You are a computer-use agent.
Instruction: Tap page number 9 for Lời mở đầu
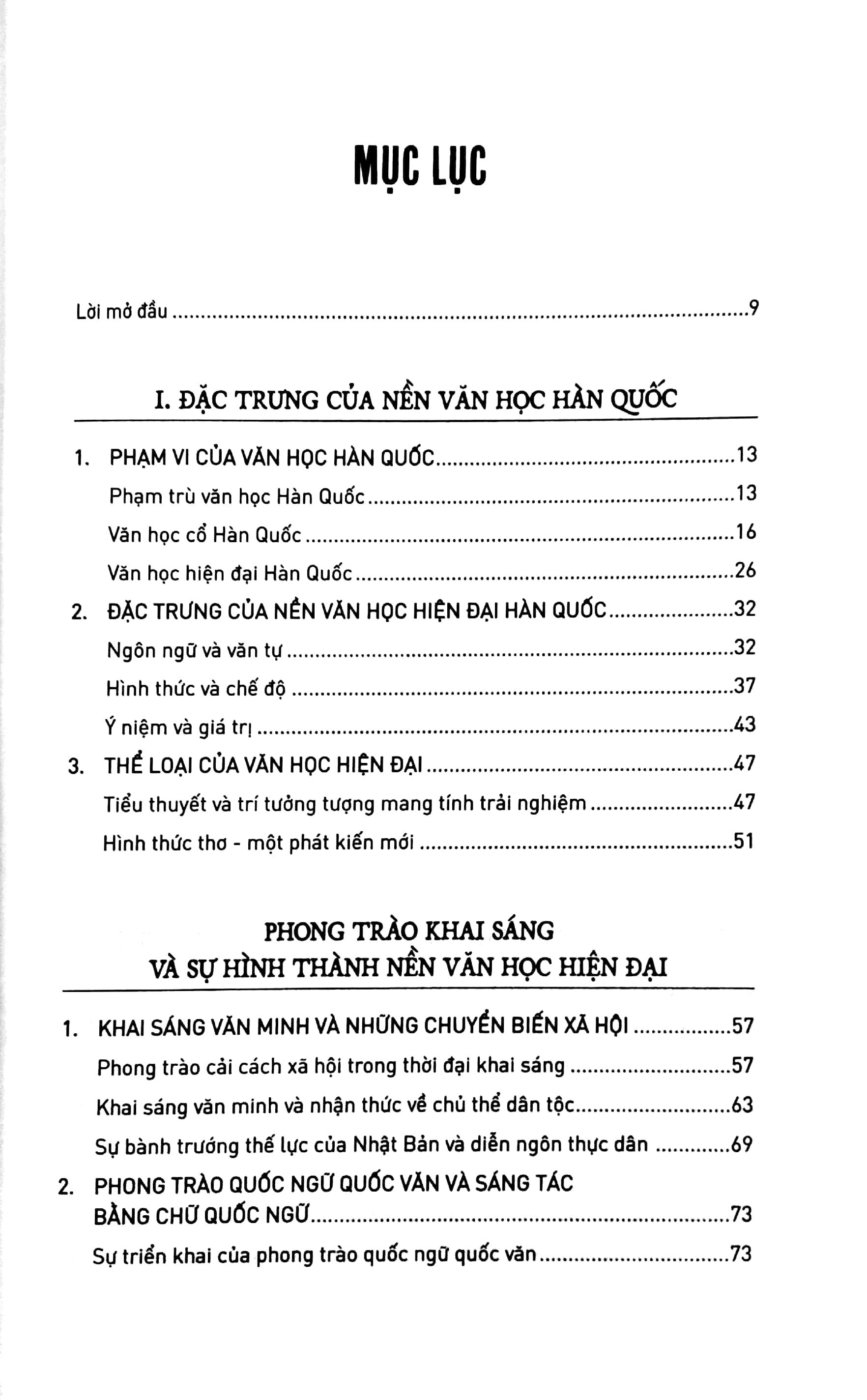pos(754,309)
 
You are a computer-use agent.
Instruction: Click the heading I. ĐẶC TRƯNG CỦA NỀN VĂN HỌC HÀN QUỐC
pos(416,398)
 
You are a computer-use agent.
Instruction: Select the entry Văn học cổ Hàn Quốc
pos(204,535)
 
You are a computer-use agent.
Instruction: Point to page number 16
pos(746,532)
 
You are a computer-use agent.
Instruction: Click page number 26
pos(745,571)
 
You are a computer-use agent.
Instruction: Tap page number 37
pos(744,686)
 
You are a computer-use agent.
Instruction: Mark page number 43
pos(744,725)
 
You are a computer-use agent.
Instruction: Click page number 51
pos(743,842)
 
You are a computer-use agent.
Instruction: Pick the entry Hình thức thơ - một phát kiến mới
pos(258,844)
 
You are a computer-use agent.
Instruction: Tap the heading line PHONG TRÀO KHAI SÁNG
pos(409,931)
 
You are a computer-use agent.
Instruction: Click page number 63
pos(742,1105)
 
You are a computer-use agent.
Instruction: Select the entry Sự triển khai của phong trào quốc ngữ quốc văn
pos(314,1256)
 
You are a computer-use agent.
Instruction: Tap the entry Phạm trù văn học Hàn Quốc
pos(237,496)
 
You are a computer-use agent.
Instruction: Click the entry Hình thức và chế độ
pos(196,689)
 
